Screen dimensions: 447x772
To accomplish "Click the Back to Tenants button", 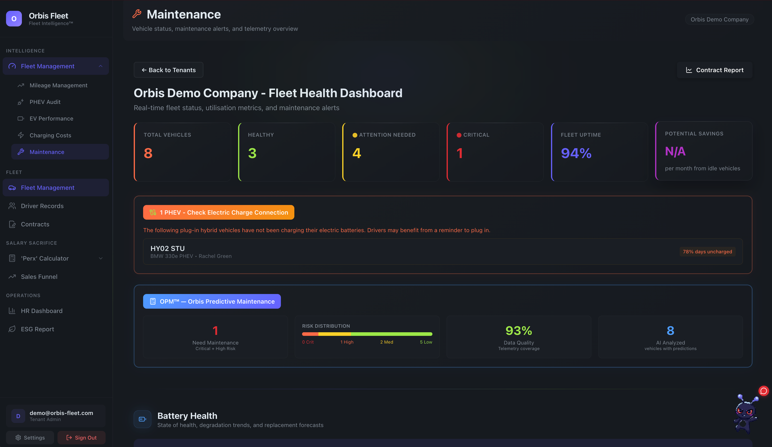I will click(168, 70).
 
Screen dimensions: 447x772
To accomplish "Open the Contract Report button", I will click(715, 70).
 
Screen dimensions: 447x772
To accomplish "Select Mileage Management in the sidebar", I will click(58, 85).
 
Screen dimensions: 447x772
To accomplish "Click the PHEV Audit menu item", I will click(45, 102).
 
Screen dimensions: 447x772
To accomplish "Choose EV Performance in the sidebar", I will click(51, 119).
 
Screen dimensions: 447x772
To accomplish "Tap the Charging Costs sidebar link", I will click(50, 135).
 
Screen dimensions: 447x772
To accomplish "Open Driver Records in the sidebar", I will click(42, 206).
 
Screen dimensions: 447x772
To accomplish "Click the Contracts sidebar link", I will click(35, 224).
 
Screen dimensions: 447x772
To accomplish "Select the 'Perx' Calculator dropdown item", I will click(45, 258).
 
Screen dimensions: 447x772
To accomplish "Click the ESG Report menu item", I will click(37, 329).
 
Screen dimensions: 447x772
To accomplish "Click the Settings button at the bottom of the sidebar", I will click(30, 437).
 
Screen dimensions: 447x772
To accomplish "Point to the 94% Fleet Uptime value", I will click(576, 153).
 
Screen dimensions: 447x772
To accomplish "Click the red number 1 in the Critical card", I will click(459, 153).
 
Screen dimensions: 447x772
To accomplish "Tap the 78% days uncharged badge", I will click(707, 251).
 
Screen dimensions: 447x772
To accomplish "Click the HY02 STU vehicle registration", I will click(167, 248).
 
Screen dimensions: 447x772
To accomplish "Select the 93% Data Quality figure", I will click(518, 331).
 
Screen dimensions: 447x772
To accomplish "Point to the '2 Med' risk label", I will click(386, 342).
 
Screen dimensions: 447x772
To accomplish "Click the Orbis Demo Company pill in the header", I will click(719, 19).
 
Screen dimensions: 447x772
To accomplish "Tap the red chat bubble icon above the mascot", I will click(763, 391).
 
